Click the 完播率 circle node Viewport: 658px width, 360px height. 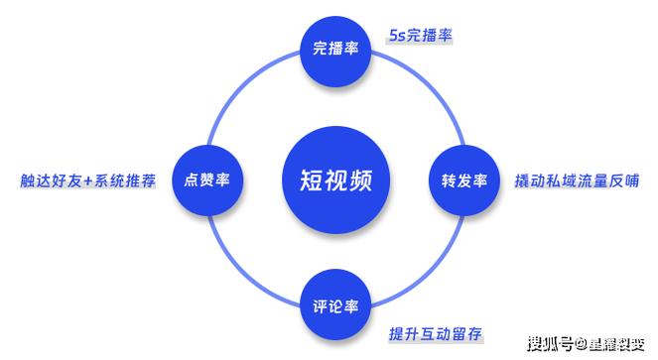pyautogui.click(x=335, y=48)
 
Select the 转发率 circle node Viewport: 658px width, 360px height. pyautogui.click(x=463, y=180)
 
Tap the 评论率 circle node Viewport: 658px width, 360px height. pyautogui.click(x=335, y=305)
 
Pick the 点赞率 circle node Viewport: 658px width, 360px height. pyautogui.click(x=208, y=180)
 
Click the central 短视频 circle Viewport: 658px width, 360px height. pyautogui.click(x=335, y=179)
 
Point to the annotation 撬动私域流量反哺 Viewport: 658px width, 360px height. pyautogui.click(x=577, y=180)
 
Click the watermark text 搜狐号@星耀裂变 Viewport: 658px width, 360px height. pyautogui.click(x=590, y=344)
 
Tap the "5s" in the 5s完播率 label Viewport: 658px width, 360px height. pyautogui.click(x=398, y=36)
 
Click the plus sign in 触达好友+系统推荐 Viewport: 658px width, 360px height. pyautogui.click(x=88, y=181)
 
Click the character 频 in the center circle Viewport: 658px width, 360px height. pyautogui.click(x=361, y=180)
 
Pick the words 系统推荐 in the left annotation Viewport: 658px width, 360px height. pyautogui.click(x=125, y=181)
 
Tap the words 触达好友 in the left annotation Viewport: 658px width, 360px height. pyautogui.click(x=52, y=181)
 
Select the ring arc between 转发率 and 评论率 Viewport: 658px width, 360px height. pyautogui.click(x=426, y=270)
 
